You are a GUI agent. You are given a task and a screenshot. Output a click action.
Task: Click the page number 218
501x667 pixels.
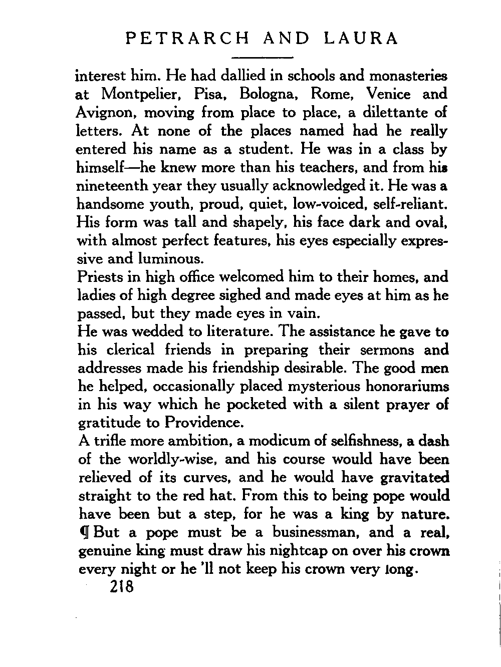121,586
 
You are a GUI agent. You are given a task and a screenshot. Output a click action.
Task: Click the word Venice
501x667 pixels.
388,94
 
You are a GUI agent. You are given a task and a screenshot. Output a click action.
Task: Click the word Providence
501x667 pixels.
204,423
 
